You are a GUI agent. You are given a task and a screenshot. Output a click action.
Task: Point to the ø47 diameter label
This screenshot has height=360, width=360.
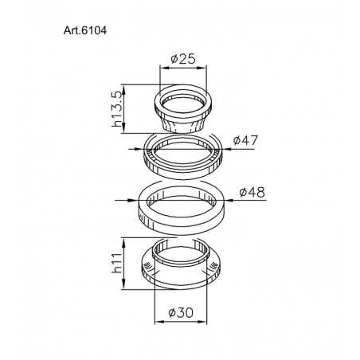(246, 140)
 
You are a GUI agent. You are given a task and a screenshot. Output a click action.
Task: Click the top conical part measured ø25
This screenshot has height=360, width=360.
(186, 112)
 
